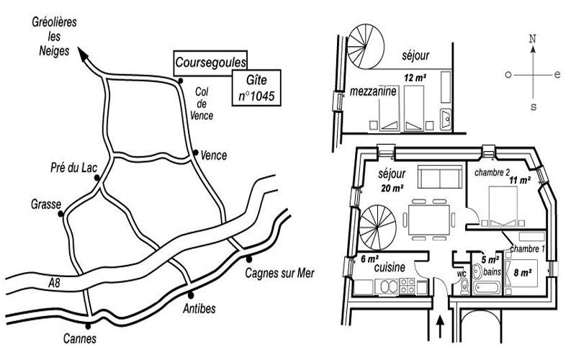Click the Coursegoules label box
tap(210, 63)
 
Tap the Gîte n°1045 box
tap(256, 88)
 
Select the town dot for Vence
tap(196, 153)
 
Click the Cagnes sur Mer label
tap(279, 274)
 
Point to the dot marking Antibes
tap(191, 294)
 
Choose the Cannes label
tap(80, 338)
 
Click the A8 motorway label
tap(54, 283)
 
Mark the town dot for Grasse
tap(60, 214)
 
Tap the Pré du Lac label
tap(74, 168)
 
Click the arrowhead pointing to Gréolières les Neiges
tap(83, 53)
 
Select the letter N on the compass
tap(533, 39)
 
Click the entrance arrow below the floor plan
tap(440, 327)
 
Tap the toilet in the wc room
tap(464, 287)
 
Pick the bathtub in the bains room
tap(486, 287)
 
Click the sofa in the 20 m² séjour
tap(440, 176)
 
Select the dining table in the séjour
tap(429, 220)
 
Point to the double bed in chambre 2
tap(503, 206)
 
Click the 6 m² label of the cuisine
tap(370, 259)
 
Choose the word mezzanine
tap(373, 91)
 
